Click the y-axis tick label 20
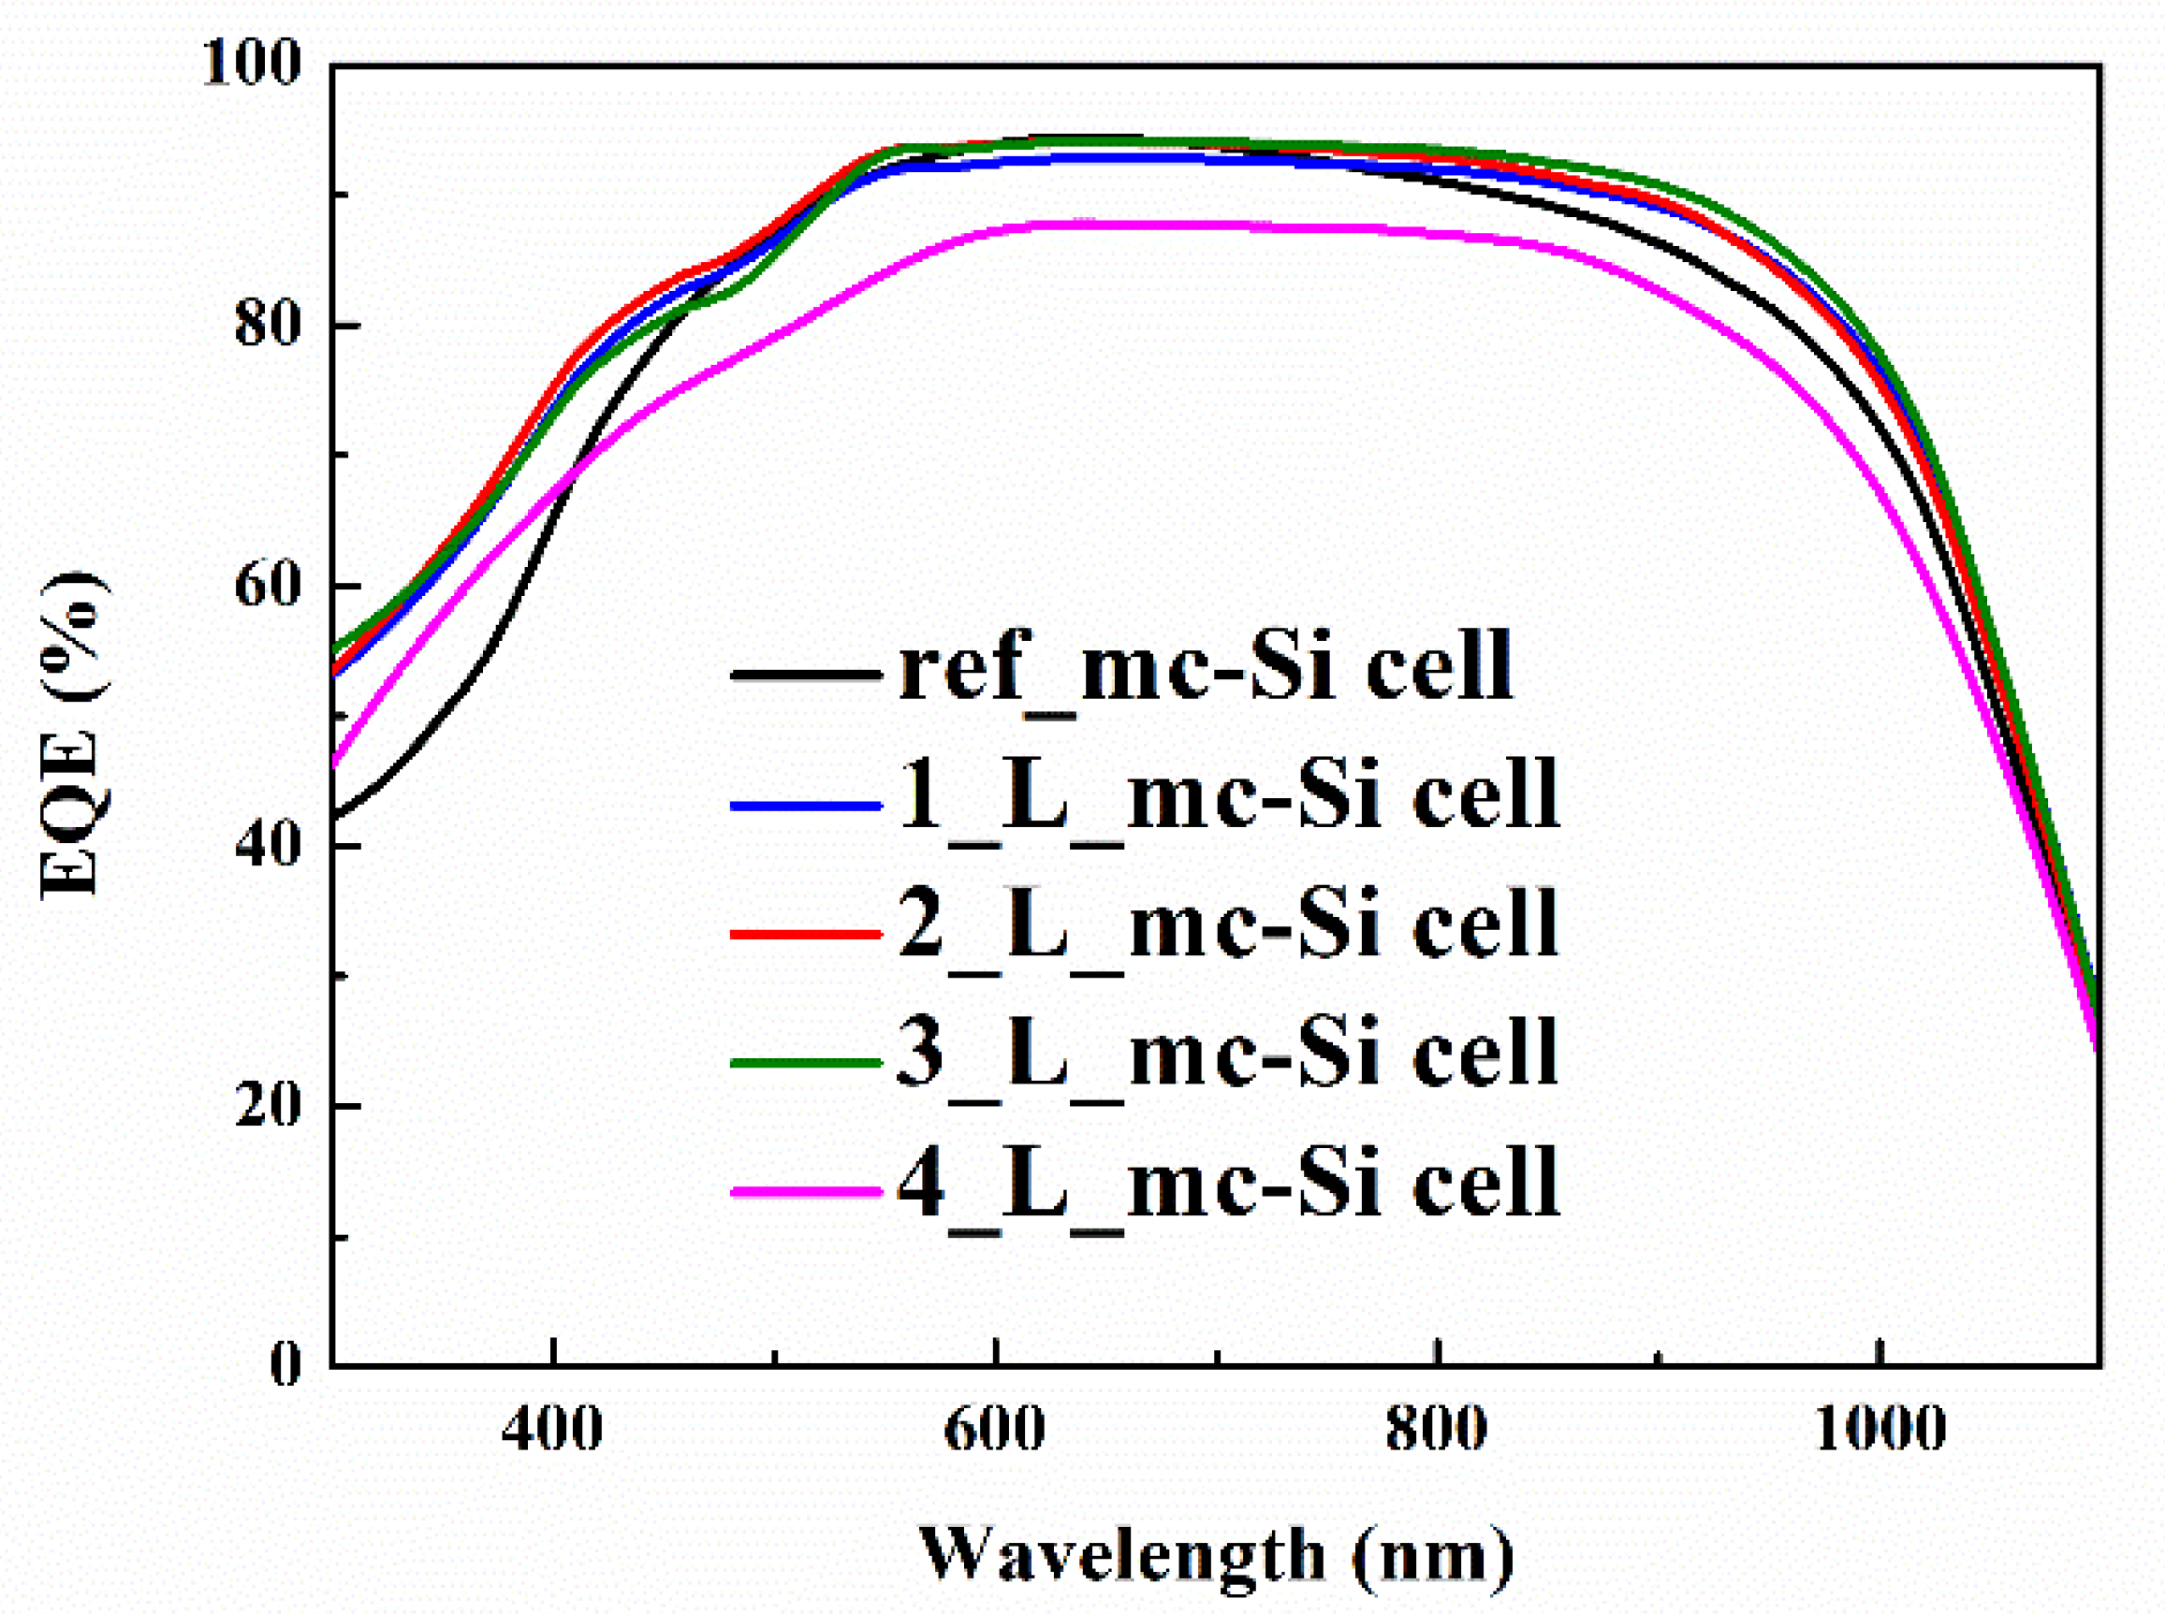click(x=266, y=1105)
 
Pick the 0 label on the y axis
click(x=285, y=1365)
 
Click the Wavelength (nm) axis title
click(x=1216, y=1554)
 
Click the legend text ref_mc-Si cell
click(x=1206, y=667)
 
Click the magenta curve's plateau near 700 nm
click(x=1216, y=225)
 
